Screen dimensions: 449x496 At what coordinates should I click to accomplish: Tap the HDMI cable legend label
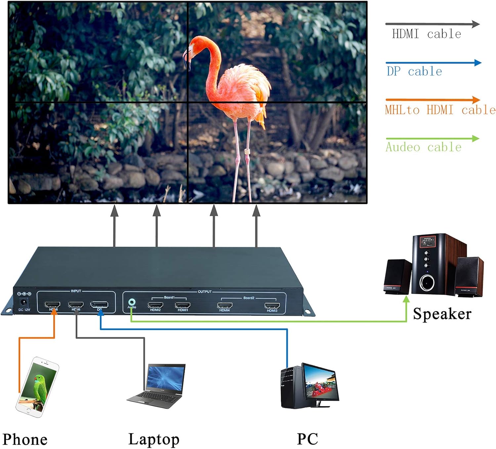pos(426,34)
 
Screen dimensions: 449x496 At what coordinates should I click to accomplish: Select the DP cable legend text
pos(414,71)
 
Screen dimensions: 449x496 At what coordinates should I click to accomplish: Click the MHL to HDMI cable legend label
pos(440,110)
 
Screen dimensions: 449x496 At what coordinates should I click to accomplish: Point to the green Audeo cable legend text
pos(423,147)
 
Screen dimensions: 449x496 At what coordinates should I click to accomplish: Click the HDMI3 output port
pos(272,306)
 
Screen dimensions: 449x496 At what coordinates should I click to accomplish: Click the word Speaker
pos(442,314)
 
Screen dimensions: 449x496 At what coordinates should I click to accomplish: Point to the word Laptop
pos(154,439)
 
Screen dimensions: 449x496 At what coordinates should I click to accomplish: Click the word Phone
pos(25,440)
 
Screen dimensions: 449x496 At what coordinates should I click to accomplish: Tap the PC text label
pos(307,439)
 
